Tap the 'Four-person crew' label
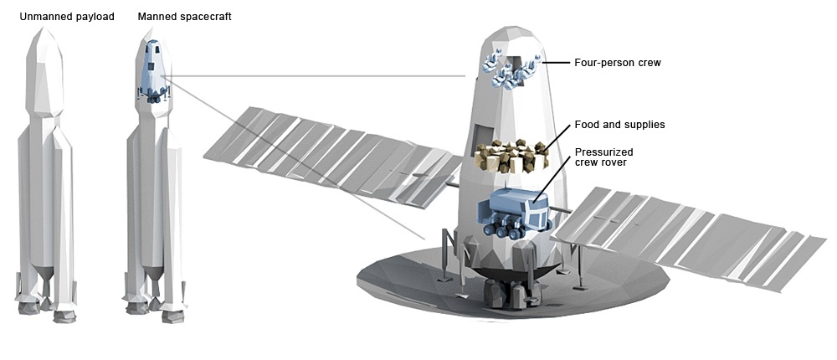tap(618, 62)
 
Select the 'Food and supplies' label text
tap(619, 125)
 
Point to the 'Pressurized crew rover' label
tap(603, 157)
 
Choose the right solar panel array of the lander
tap(686, 234)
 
